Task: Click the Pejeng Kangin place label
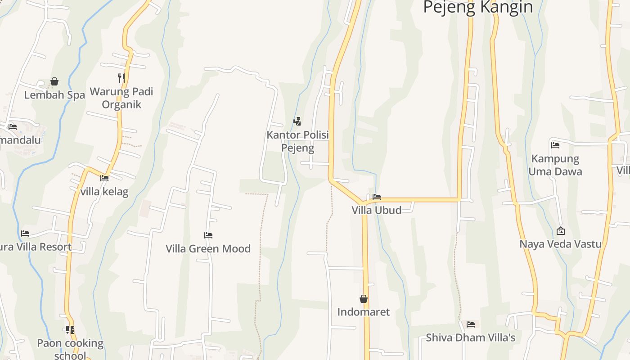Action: pyautogui.click(x=478, y=7)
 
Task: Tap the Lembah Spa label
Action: pyautogui.click(x=54, y=95)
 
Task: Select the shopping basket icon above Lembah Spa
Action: pyautogui.click(x=54, y=81)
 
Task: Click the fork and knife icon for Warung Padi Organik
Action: pyautogui.click(x=121, y=78)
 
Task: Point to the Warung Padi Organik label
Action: pyautogui.click(x=121, y=98)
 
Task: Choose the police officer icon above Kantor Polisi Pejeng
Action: pyautogui.click(x=297, y=121)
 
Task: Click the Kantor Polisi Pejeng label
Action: pyautogui.click(x=297, y=141)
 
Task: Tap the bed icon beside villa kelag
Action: pyautogui.click(x=104, y=178)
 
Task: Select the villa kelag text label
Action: pyautogui.click(x=104, y=192)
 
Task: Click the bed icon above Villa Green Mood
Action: pyautogui.click(x=208, y=235)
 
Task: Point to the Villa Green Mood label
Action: pyautogui.click(x=208, y=248)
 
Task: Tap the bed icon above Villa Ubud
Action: pyautogui.click(x=377, y=197)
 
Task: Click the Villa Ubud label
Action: pyautogui.click(x=377, y=210)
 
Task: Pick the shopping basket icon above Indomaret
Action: pyautogui.click(x=364, y=299)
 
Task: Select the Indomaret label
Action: pyautogui.click(x=364, y=312)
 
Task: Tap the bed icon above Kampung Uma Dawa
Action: pyautogui.click(x=555, y=145)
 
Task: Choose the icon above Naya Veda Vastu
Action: pyautogui.click(x=561, y=231)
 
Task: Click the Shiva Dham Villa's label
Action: pyautogui.click(x=471, y=337)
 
